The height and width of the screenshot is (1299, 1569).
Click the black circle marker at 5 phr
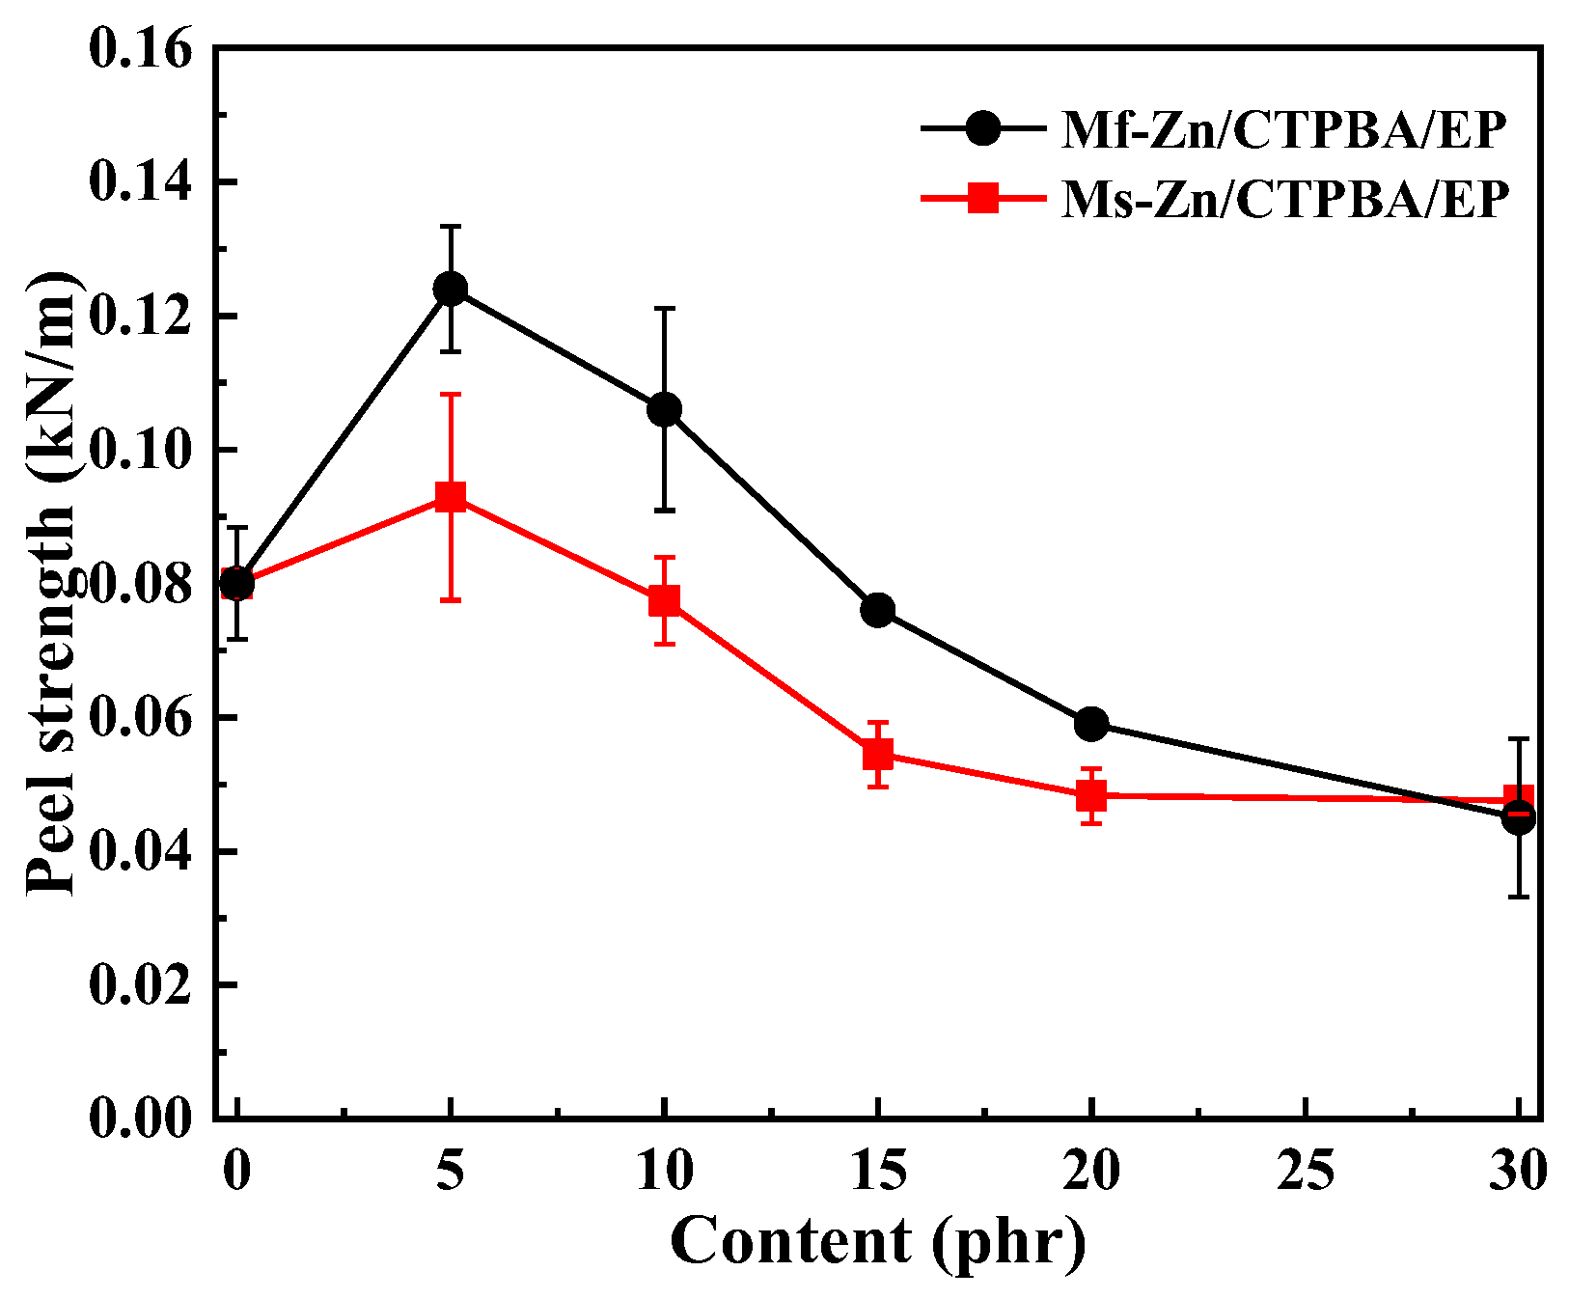tap(451, 289)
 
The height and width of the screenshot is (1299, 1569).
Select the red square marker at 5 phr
tap(451, 498)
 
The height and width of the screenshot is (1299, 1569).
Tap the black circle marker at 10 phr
tap(664, 409)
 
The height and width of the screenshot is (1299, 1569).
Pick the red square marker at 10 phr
tap(664, 601)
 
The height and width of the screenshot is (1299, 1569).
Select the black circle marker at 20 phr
tap(1091, 724)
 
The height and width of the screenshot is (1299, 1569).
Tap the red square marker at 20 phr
tap(1091, 796)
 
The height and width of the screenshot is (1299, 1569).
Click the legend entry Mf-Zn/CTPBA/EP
tap(1283, 129)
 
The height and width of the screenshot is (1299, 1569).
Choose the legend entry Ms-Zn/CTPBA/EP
tap(1283, 200)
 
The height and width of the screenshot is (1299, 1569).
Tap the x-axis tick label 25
tap(1306, 1172)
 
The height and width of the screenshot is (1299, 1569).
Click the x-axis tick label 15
tap(878, 1172)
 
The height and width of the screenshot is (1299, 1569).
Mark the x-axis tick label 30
tap(1518, 1172)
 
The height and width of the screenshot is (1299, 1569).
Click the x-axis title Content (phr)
tap(878, 1241)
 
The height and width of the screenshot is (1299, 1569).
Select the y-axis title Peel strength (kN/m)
tap(50, 584)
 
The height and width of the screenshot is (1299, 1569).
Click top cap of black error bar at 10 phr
tap(664, 309)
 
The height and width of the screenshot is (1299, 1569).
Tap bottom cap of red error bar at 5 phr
tap(451, 600)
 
